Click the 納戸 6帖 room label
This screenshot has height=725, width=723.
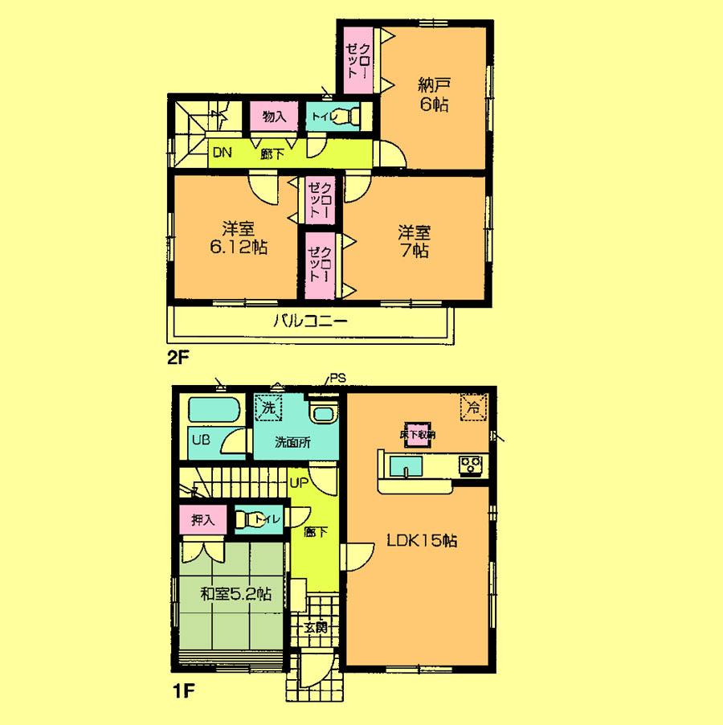click(433, 93)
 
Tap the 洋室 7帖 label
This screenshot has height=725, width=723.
click(415, 241)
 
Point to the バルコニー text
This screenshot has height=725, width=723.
click(309, 322)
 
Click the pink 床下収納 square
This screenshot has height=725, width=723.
click(418, 434)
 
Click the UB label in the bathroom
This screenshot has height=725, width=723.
click(201, 440)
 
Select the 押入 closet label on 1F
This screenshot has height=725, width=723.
click(202, 520)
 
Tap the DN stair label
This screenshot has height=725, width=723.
click(222, 154)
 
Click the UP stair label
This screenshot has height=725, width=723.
click(298, 483)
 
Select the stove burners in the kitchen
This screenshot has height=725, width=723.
click(469, 463)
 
